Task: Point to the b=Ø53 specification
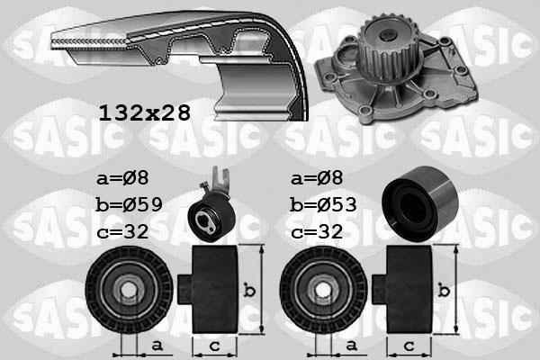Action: (324, 204)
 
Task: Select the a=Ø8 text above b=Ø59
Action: (119, 177)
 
